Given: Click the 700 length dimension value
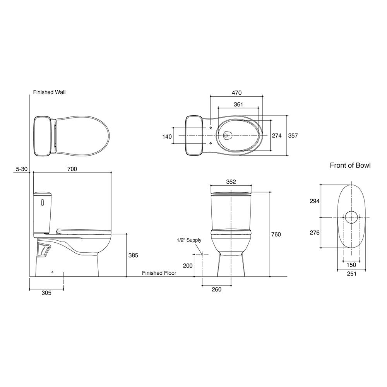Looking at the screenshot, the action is pyautogui.click(x=72, y=169).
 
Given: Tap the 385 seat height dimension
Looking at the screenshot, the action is pyautogui.click(x=133, y=255).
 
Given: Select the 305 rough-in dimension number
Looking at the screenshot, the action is pyautogui.click(x=46, y=293).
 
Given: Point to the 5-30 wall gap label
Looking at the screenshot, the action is pyautogui.click(x=21, y=169).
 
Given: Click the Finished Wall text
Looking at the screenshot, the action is pyautogui.click(x=50, y=92).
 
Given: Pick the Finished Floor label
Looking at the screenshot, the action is pyautogui.click(x=159, y=273).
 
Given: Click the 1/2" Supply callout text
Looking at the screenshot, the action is pyautogui.click(x=189, y=240).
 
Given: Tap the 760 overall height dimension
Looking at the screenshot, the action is pyautogui.click(x=276, y=234).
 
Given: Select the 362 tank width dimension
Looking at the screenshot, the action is pyautogui.click(x=231, y=182).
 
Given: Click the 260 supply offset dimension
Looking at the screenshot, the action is pyautogui.click(x=216, y=289).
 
